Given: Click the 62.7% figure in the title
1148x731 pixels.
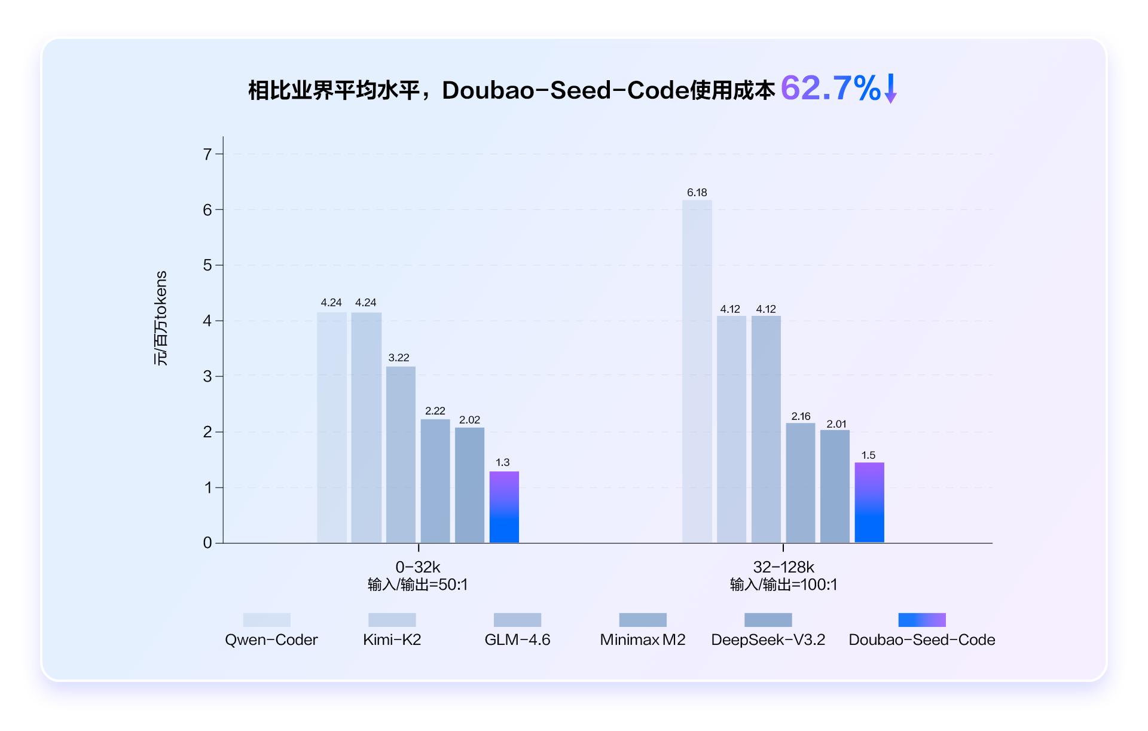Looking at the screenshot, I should coord(830,89).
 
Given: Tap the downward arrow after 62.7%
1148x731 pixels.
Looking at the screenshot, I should coord(890,89).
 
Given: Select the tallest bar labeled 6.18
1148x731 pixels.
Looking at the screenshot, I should coord(697,371).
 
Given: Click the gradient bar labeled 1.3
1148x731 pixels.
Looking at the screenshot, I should coord(504,507).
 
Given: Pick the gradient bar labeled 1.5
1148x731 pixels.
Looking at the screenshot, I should coord(869,502).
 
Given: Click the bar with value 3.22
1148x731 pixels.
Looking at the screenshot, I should coord(401,455).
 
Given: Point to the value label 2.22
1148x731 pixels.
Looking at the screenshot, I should coord(435,411).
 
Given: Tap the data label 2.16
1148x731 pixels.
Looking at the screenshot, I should coord(801,416).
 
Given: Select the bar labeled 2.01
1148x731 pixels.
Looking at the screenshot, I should coord(835,486).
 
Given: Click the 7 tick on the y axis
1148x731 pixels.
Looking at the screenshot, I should coord(207,154).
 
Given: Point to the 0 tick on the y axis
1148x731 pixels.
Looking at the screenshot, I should coord(207,543).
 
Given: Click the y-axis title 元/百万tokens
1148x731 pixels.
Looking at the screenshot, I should coord(161,318).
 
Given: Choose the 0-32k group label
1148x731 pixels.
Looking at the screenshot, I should coord(418,567).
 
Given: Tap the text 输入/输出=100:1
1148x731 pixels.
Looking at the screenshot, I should coord(783,584).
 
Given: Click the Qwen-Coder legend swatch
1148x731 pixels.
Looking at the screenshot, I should coord(267,620).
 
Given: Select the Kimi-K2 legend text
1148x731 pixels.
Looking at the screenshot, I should coord(392,640).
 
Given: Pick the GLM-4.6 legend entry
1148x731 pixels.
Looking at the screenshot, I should coord(517,640).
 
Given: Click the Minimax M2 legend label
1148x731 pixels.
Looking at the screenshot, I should coord(643,640).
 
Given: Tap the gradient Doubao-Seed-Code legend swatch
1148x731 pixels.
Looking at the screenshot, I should coord(921,620).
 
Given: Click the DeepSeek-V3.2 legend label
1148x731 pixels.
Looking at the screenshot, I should coord(768,640).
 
